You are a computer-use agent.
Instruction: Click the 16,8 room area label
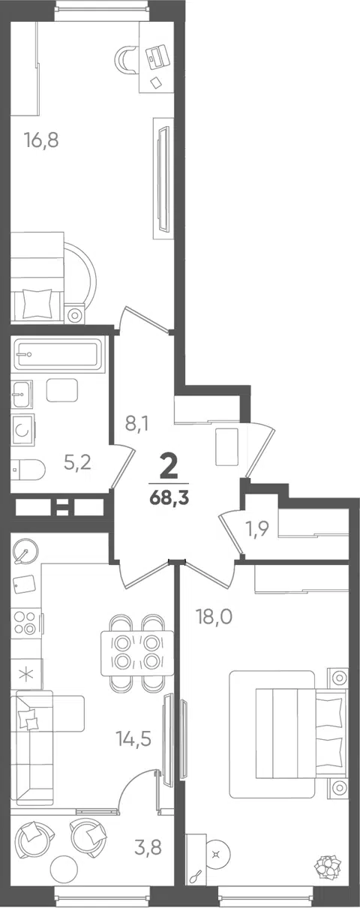pyautogui.click(x=42, y=140)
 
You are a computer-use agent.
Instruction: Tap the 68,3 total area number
pyautogui.click(x=169, y=498)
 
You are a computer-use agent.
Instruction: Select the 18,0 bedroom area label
pyautogui.click(x=214, y=617)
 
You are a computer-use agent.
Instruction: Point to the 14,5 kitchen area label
pyautogui.click(x=133, y=738)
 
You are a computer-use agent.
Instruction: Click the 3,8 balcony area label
pyautogui.click(x=148, y=846)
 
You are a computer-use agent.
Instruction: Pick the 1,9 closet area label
pyautogui.click(x=258, y=529)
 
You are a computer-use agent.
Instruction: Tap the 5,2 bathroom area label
pyautogui.click(x=78, y=462)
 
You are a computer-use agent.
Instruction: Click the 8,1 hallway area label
pyautogui.click(x=136, y=424)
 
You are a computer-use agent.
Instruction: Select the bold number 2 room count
pyautogui.click(x=169, y=467)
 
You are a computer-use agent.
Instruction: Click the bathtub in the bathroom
pyautogui.click(x=56, y=354)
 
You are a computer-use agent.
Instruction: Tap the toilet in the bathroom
pyautogui.click(x=28, y=470)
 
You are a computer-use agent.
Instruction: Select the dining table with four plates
pyautogui.click(x=137, y=653)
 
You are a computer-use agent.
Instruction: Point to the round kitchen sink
pyautogui.click(x=26, y=552)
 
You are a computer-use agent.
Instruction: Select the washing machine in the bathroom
pyautogui.click(x=23, y=430)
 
